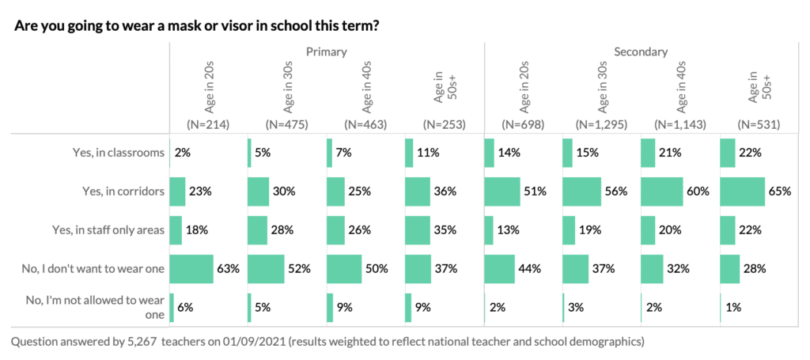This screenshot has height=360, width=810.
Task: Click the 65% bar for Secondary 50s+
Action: point(742,191)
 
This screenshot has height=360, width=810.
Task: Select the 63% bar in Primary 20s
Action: point(191,269)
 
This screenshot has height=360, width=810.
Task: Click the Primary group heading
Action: point(326,52)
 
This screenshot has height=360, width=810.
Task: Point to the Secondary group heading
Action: point(641,52)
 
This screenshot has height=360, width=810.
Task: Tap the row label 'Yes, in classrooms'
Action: point(116,153)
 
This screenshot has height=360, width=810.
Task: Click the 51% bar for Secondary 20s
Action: point(502,191)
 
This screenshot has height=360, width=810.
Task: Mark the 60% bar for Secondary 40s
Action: point(661,191)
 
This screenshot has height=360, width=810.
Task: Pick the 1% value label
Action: point(733,308)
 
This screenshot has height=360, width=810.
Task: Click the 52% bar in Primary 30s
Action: point(266,269)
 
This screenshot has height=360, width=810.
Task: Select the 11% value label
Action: point(428,153)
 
